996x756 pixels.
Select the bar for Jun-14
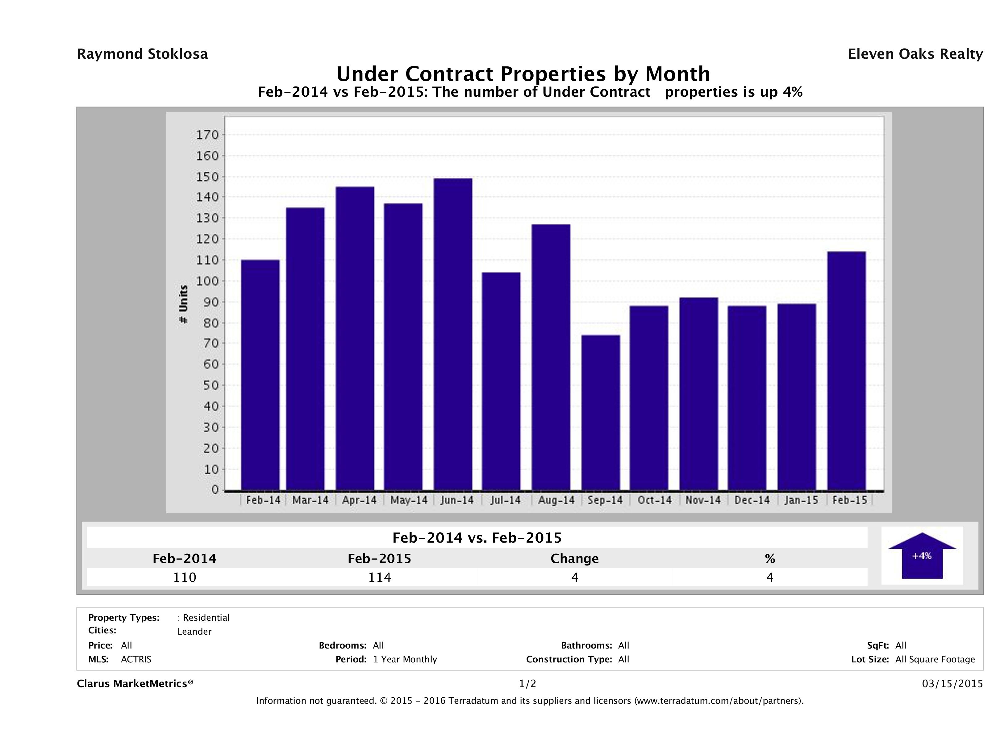453,334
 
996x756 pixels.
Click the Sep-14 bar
601,412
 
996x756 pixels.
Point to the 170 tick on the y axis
207,135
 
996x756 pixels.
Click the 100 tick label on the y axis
207,281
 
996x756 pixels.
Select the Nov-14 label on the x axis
703,500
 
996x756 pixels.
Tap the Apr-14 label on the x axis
359,500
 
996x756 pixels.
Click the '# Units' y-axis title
183,304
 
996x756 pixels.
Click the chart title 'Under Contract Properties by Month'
523,73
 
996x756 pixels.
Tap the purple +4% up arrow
922,556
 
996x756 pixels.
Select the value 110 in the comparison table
185,577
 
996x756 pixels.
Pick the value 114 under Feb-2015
380,577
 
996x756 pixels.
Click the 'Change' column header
575,559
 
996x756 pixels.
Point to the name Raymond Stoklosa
142,54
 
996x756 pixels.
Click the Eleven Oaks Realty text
915,54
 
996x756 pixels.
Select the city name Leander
194,632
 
